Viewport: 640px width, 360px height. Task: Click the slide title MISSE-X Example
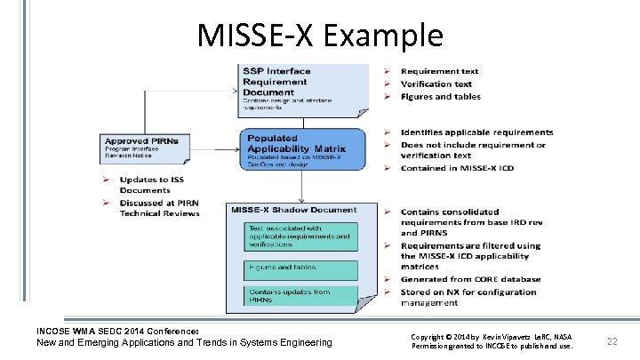[320, 36]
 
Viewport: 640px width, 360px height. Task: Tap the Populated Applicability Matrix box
[301, 148]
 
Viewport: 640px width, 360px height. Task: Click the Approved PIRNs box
[144, 148]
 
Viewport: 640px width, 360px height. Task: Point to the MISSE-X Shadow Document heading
[293, 210]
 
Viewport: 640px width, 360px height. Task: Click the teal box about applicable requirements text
[300, 236]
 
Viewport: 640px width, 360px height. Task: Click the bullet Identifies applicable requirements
[476, 132]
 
